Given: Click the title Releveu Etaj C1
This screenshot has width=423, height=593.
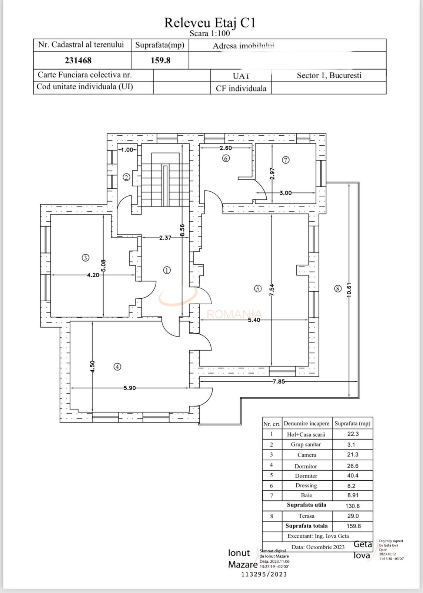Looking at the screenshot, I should [210, 23].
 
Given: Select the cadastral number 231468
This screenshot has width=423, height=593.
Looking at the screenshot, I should [78, 60].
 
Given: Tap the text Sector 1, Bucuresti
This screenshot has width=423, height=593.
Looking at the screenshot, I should [329, 76].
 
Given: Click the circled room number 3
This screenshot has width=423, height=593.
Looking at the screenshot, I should [85, 258].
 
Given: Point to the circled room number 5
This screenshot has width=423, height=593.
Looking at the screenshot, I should [258, 289].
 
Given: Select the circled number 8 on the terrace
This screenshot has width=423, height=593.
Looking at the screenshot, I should [337, 289].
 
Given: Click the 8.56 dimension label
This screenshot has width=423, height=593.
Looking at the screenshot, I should [182, 230].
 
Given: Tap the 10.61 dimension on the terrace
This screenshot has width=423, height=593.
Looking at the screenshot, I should [349, 290].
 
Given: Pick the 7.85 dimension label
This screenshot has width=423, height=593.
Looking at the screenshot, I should [279, 381].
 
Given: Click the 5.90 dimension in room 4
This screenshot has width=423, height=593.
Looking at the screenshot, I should [130, 388].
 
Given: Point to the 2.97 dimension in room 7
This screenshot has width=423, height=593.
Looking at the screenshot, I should [272, 173].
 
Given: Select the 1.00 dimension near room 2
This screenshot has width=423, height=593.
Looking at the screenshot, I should [127, 150].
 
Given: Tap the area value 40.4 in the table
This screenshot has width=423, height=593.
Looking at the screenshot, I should [353, 476].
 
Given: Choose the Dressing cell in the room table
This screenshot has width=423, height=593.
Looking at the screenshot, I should [306, 486].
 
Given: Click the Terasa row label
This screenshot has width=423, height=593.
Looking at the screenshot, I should [306, 516].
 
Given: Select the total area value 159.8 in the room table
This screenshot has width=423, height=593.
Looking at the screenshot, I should [353, 526].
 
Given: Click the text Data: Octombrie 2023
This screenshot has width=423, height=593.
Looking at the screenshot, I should [318, 547].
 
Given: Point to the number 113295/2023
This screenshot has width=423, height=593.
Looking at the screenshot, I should [264, 574].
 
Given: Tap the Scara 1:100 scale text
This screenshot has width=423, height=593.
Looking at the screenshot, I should [210, 33].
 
